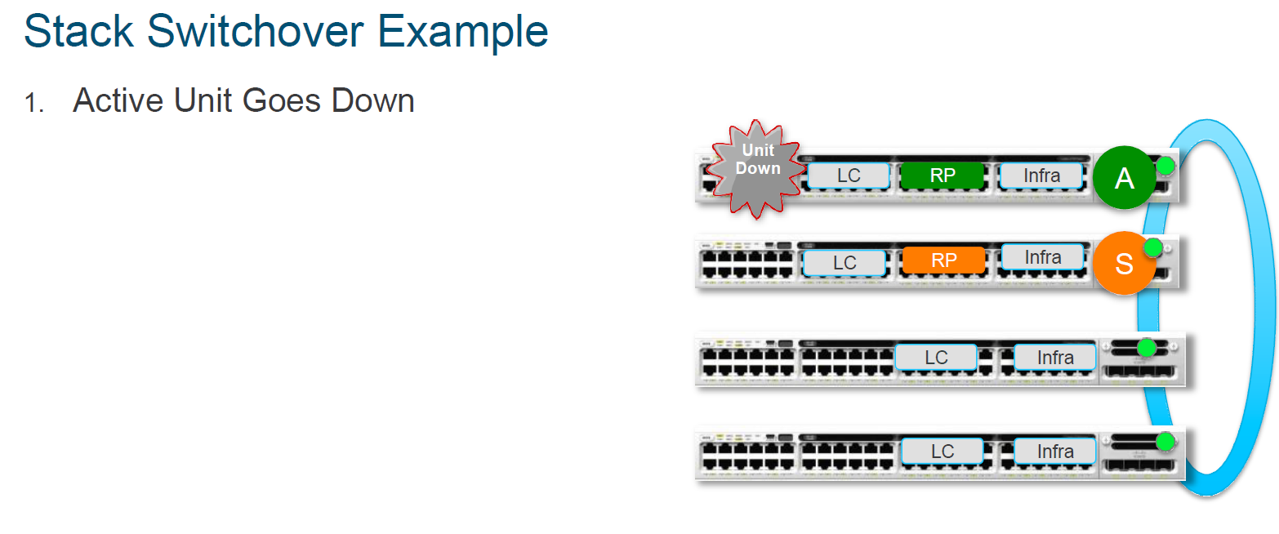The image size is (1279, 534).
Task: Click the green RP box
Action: pos(943,176)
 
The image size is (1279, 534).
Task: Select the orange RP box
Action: pos(943,260)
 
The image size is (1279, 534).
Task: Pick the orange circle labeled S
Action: pos(1124,264)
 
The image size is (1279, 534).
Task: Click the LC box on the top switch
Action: pos(849,176)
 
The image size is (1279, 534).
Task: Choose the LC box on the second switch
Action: pos(844,263)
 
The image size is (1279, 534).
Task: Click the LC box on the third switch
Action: pos(936,358)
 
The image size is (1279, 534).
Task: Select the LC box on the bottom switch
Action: pos(942,452)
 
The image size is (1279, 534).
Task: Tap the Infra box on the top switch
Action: pos(1041,176)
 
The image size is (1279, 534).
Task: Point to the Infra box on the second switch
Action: pos(1042,257)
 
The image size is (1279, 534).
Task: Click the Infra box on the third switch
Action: pos(1055,358)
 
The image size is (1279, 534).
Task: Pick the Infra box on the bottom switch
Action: pos(1055,452)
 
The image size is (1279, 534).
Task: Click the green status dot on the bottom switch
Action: pos(1165,442)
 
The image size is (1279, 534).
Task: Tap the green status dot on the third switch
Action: pos(1147,348)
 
